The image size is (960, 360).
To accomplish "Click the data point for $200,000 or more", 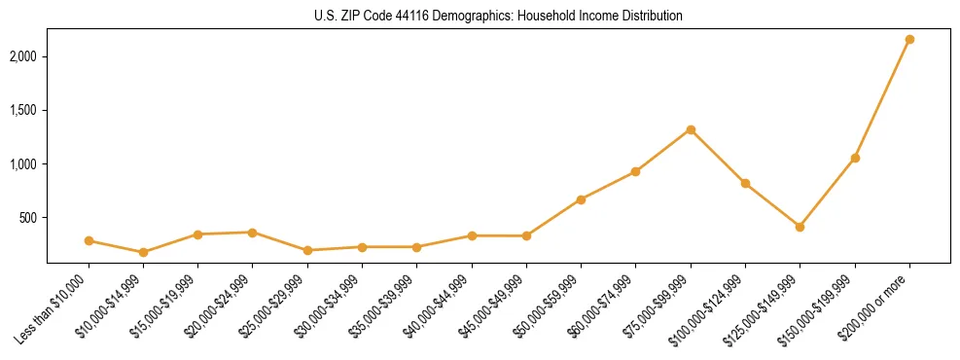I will (909, 40).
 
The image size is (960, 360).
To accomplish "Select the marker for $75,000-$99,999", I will (691, 129).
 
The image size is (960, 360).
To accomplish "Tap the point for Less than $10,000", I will (89, 240).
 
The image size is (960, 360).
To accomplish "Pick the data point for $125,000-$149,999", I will (800, 227).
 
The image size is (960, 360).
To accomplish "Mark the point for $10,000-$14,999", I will (143, 252).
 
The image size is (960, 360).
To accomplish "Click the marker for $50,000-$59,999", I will (581, 199).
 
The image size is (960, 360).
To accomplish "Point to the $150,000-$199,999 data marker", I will (855, 158).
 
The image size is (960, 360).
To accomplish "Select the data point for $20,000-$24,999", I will (253, 233).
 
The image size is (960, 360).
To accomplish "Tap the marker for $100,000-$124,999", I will (745, 183).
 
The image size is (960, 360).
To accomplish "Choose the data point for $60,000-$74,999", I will (635, 171).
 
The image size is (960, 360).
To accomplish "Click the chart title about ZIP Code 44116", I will (480, 17).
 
